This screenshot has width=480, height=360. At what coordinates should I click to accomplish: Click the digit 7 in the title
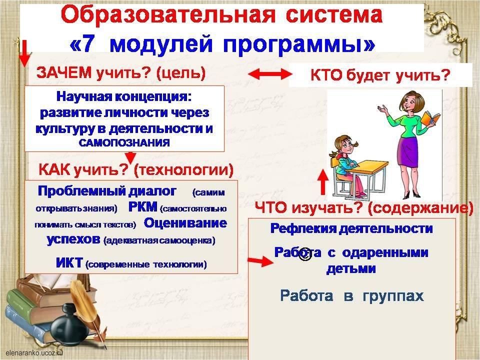(86, 43)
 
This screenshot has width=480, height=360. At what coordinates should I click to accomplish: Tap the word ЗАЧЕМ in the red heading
(64, 73)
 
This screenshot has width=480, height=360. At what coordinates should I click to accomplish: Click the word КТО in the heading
(326, 75)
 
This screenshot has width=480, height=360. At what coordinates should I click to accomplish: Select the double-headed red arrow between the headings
(269, 74)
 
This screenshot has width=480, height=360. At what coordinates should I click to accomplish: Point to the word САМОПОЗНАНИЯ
(124, 142)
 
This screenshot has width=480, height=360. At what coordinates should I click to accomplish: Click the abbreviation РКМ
(142, 207)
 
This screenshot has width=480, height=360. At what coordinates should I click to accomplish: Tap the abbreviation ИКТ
(69, 263)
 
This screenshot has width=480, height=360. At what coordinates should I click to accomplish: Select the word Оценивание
(185, 223)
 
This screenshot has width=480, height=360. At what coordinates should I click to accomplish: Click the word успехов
(73, 239)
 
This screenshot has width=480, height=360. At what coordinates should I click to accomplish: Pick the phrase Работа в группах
(352, 296)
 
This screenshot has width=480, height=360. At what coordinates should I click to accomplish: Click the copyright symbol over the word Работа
(304, 254)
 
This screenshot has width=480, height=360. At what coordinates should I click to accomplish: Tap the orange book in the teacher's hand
(430, 119)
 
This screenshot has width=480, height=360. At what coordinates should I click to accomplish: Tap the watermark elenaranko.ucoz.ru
(34, 352)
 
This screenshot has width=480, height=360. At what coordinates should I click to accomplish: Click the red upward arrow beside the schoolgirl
(322, 182)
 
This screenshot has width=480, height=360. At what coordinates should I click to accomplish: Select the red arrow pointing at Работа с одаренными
(260, 261)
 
